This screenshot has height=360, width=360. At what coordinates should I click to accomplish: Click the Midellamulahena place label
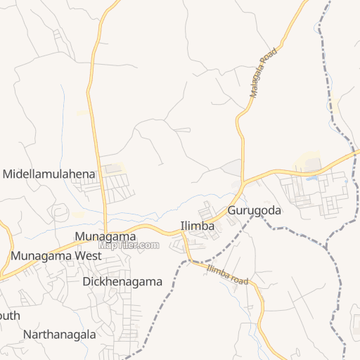click(49, 173)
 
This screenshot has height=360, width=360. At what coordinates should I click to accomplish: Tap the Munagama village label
click(105, 237)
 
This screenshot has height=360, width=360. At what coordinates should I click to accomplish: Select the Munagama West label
click(56, 256)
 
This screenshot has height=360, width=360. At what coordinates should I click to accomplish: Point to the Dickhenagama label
click(122, 282)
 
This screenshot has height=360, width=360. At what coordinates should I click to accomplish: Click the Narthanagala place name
click(59, 335)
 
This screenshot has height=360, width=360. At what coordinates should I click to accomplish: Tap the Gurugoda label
click(254, 211)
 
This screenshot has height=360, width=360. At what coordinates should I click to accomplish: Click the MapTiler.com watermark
click(129, 245)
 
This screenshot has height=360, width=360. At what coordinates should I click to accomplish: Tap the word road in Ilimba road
click(240, 280)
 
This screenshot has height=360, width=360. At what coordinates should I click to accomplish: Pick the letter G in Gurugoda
click(231, 211)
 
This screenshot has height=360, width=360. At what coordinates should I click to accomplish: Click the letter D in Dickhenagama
click(86, 282)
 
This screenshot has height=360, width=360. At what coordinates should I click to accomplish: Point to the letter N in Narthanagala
click(27, 335)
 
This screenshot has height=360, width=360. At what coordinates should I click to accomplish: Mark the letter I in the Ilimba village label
click(182, 226)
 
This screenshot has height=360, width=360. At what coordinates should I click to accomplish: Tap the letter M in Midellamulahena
click(8, 173)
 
